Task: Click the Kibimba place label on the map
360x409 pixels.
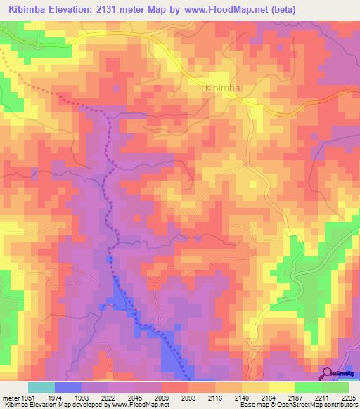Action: (x=223, y=88)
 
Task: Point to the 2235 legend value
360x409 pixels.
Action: (x=347, y=398)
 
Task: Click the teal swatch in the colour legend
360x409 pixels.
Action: (x=41, y=387)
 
